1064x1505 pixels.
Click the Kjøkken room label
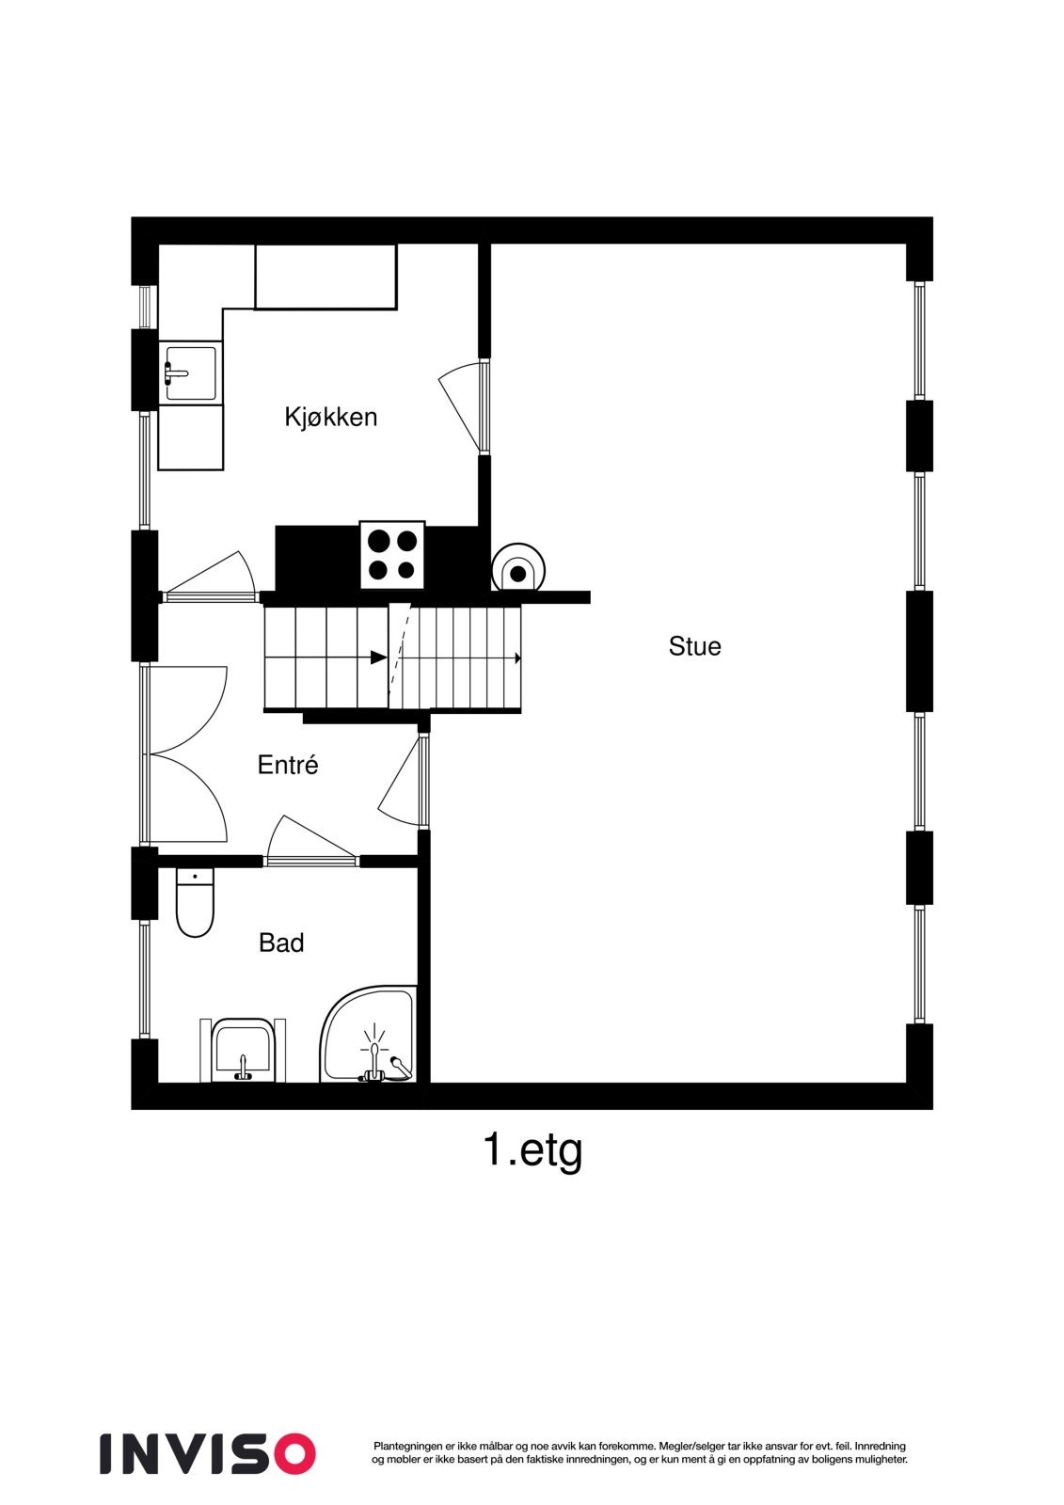(330, 417)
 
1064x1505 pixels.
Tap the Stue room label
(694, 646)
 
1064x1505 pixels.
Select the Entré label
(288, 765)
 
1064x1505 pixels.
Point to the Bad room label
(281, 943)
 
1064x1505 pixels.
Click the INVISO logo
(207, 1453)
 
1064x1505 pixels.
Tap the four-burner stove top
(392, 555)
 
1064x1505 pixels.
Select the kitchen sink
(191, 373)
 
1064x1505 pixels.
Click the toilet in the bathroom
(195, 904)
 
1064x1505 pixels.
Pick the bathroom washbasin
(242, 1050)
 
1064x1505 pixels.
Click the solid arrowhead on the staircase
(378, 657)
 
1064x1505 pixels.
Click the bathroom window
(144, 978)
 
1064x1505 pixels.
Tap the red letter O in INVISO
(292, 1453)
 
